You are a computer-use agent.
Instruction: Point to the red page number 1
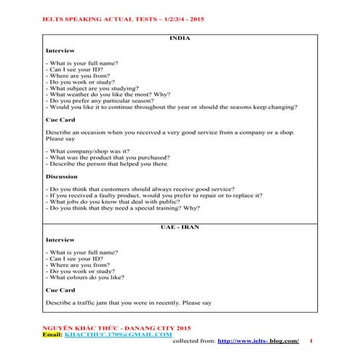(x=311, y=341)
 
